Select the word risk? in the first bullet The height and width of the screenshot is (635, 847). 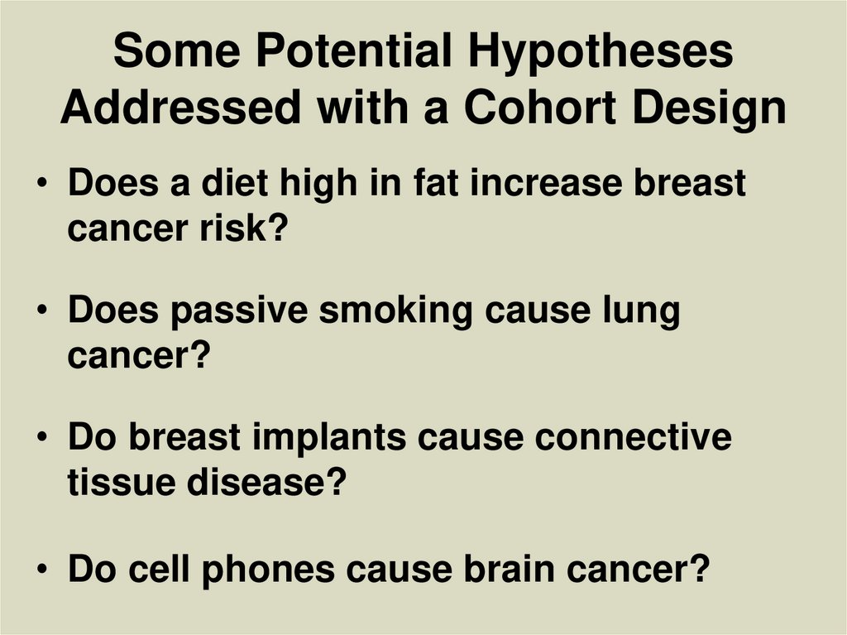241,229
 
